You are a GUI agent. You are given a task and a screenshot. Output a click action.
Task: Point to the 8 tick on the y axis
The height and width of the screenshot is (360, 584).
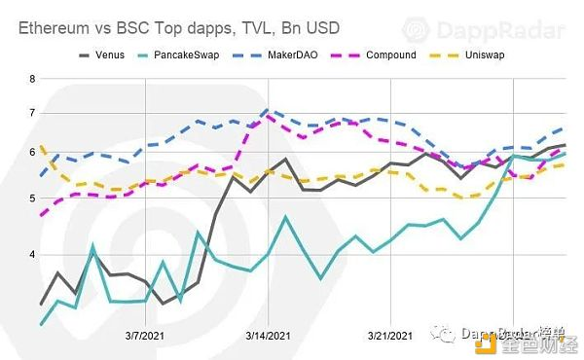pyautogui.click(x=32, y=78)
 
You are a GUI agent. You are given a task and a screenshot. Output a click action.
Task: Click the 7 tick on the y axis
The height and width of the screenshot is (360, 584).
pyautogui.click(x=32, y=113)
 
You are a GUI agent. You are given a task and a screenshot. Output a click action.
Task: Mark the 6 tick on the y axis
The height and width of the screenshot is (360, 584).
pyautogui.click(x=32, y=153)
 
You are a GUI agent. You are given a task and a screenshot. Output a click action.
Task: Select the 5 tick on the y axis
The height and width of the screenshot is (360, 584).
pyautogui.click(x=32, y=198)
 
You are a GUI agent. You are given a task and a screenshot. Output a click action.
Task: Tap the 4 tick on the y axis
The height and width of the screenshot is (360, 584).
pyautogui.click(x=32, y=255)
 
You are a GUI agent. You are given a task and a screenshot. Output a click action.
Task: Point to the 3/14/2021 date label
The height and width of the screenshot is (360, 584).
pyautogui.click(x=267, y=336)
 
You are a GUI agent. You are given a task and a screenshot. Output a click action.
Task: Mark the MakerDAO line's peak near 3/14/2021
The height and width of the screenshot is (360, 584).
pyautogui.click(x=268, y=110)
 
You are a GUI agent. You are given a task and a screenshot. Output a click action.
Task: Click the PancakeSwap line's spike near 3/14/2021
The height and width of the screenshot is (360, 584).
pyautogui.click(x=285, y=216)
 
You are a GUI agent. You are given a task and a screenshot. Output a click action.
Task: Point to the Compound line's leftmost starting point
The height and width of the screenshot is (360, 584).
pyautogui.click(x=41, y=214)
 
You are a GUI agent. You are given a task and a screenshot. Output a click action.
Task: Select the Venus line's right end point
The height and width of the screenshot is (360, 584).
pyautogui.click(x=566, y=145)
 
